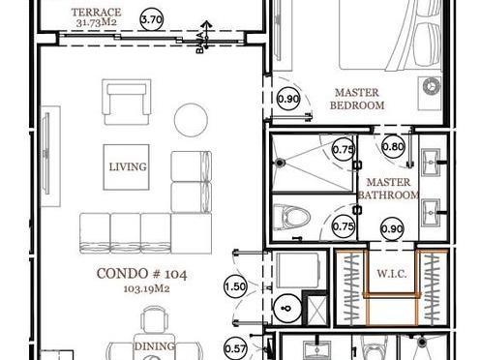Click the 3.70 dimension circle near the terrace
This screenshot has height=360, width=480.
tap(152, 19)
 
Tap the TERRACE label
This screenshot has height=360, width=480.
tap(96, 13)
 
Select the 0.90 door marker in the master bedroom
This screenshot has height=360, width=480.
tap(288, 99)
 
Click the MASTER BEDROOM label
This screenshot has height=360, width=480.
tap(357, 99)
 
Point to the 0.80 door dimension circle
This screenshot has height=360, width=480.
tap(393, 147)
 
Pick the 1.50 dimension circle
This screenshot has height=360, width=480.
tap(235, 286)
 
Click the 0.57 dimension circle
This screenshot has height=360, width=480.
tap(235, 348)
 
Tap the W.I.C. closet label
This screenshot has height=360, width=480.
tap(392, 274)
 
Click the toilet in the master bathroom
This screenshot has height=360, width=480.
tap(291, 217)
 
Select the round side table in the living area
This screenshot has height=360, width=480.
tap(191, 120)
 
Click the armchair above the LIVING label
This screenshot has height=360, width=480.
tap(127, 102)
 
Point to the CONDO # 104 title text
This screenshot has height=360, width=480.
tap(141, 274)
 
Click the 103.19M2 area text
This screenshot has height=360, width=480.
tap(146, 288)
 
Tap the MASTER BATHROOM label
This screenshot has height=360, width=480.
tap(388, 189)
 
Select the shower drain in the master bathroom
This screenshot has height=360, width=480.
tap(280, 163)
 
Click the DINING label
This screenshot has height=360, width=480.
tap(155, 346)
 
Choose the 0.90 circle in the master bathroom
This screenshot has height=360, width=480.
tap(392, 228)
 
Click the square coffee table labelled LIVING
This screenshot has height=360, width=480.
tap(126, 167)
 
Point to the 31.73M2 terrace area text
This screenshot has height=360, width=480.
tap(97, 23)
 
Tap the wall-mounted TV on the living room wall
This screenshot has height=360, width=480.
tap(47, 154)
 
